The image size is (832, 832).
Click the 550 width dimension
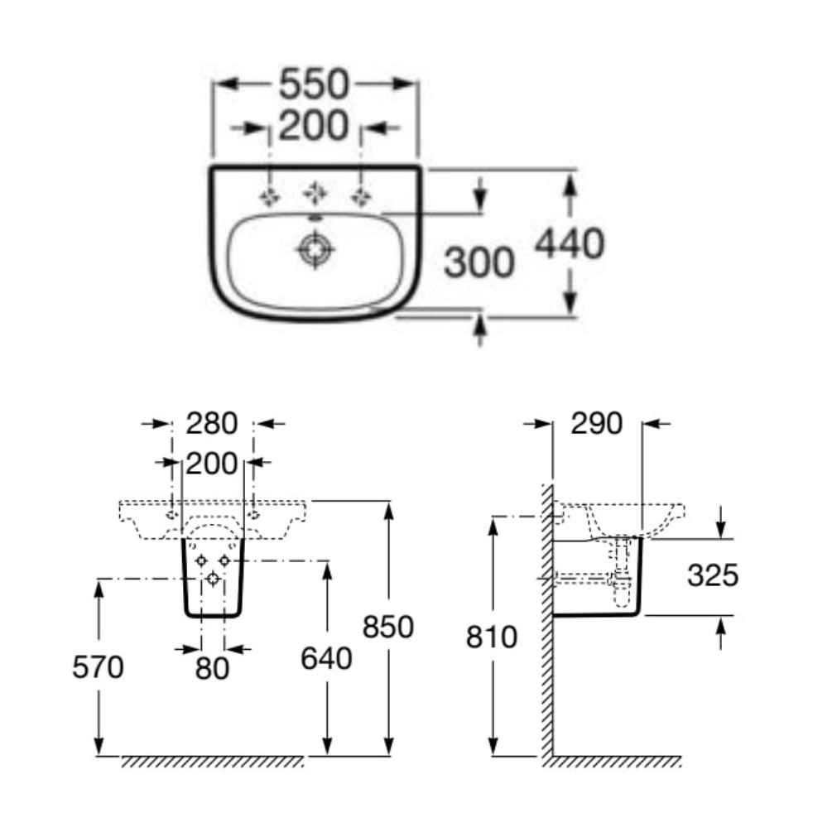(315, 84)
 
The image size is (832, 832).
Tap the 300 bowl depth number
(479, 263)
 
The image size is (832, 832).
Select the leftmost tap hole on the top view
(270, 196)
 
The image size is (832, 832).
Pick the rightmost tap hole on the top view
(361, 196)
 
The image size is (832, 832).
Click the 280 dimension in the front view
(211, 424)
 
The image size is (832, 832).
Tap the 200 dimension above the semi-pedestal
(211, 463)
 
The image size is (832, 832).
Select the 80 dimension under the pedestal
(212, 666)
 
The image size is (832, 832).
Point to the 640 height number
(325, 659)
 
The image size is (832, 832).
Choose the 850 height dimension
(387, 628)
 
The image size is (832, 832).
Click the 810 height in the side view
(492, 637)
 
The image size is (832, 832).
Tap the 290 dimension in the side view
(596, 424)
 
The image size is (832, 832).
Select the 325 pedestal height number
(713, 575)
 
